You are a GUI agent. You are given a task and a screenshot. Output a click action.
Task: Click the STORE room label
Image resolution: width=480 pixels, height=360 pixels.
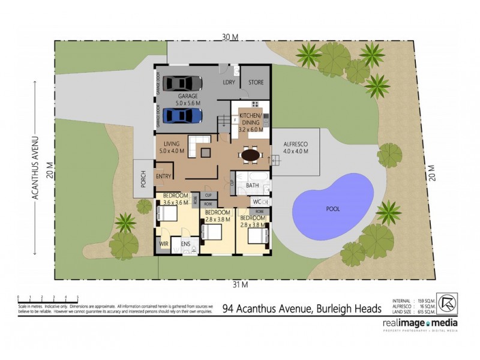click(x=256, y=82)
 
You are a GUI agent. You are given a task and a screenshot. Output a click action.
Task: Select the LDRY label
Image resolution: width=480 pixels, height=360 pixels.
click(x=229, y=82)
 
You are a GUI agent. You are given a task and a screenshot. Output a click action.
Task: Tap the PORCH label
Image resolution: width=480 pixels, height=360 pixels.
click(x=143, y=179)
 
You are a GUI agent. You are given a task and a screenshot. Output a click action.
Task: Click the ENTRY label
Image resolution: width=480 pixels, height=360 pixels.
click(x=163, y=176)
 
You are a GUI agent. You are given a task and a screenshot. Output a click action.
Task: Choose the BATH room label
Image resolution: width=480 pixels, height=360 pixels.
click(x=253, y=187)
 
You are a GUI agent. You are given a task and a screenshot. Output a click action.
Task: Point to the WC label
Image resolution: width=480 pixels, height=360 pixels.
click(x=256, y=201)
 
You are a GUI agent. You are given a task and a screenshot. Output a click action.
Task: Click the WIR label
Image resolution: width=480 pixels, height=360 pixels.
click(x=164, y=244)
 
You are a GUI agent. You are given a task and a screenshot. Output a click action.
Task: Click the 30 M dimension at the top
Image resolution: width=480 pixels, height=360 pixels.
click(x=230, y=37)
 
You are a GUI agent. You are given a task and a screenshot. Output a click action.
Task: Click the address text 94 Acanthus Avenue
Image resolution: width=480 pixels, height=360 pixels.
click(x=302, y=309)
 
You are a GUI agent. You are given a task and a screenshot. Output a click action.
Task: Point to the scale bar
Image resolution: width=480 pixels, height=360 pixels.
click(x=48, y=298)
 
